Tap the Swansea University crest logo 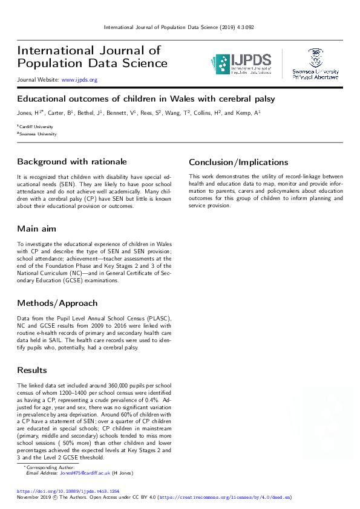315,63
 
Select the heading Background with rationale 72,161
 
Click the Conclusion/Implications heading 238,162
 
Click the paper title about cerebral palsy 146,99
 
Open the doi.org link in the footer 68,491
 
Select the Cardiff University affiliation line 37,126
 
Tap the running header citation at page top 179,27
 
